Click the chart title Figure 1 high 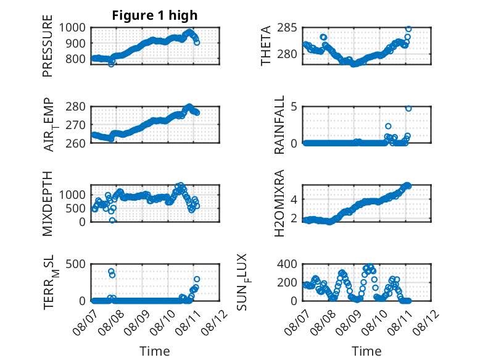point(155,15)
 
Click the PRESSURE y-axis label point(48,46)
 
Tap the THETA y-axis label point(266,46)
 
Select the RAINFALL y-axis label point(279,124)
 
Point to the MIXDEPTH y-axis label point(48,203)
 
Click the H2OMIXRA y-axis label point(279,203)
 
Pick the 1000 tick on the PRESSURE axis point(72,28)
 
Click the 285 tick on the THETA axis point(287,28)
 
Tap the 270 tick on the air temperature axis point(76,125)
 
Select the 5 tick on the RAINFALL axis point(294,107)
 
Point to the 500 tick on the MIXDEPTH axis point(76,208)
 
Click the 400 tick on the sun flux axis point(287,264)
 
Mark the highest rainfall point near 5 point(408,109)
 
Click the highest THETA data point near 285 point(408,29)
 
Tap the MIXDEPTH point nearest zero point(112,220)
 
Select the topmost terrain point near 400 point(111,271)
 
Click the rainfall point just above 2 point(388,126)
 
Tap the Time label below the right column point(366,351)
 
